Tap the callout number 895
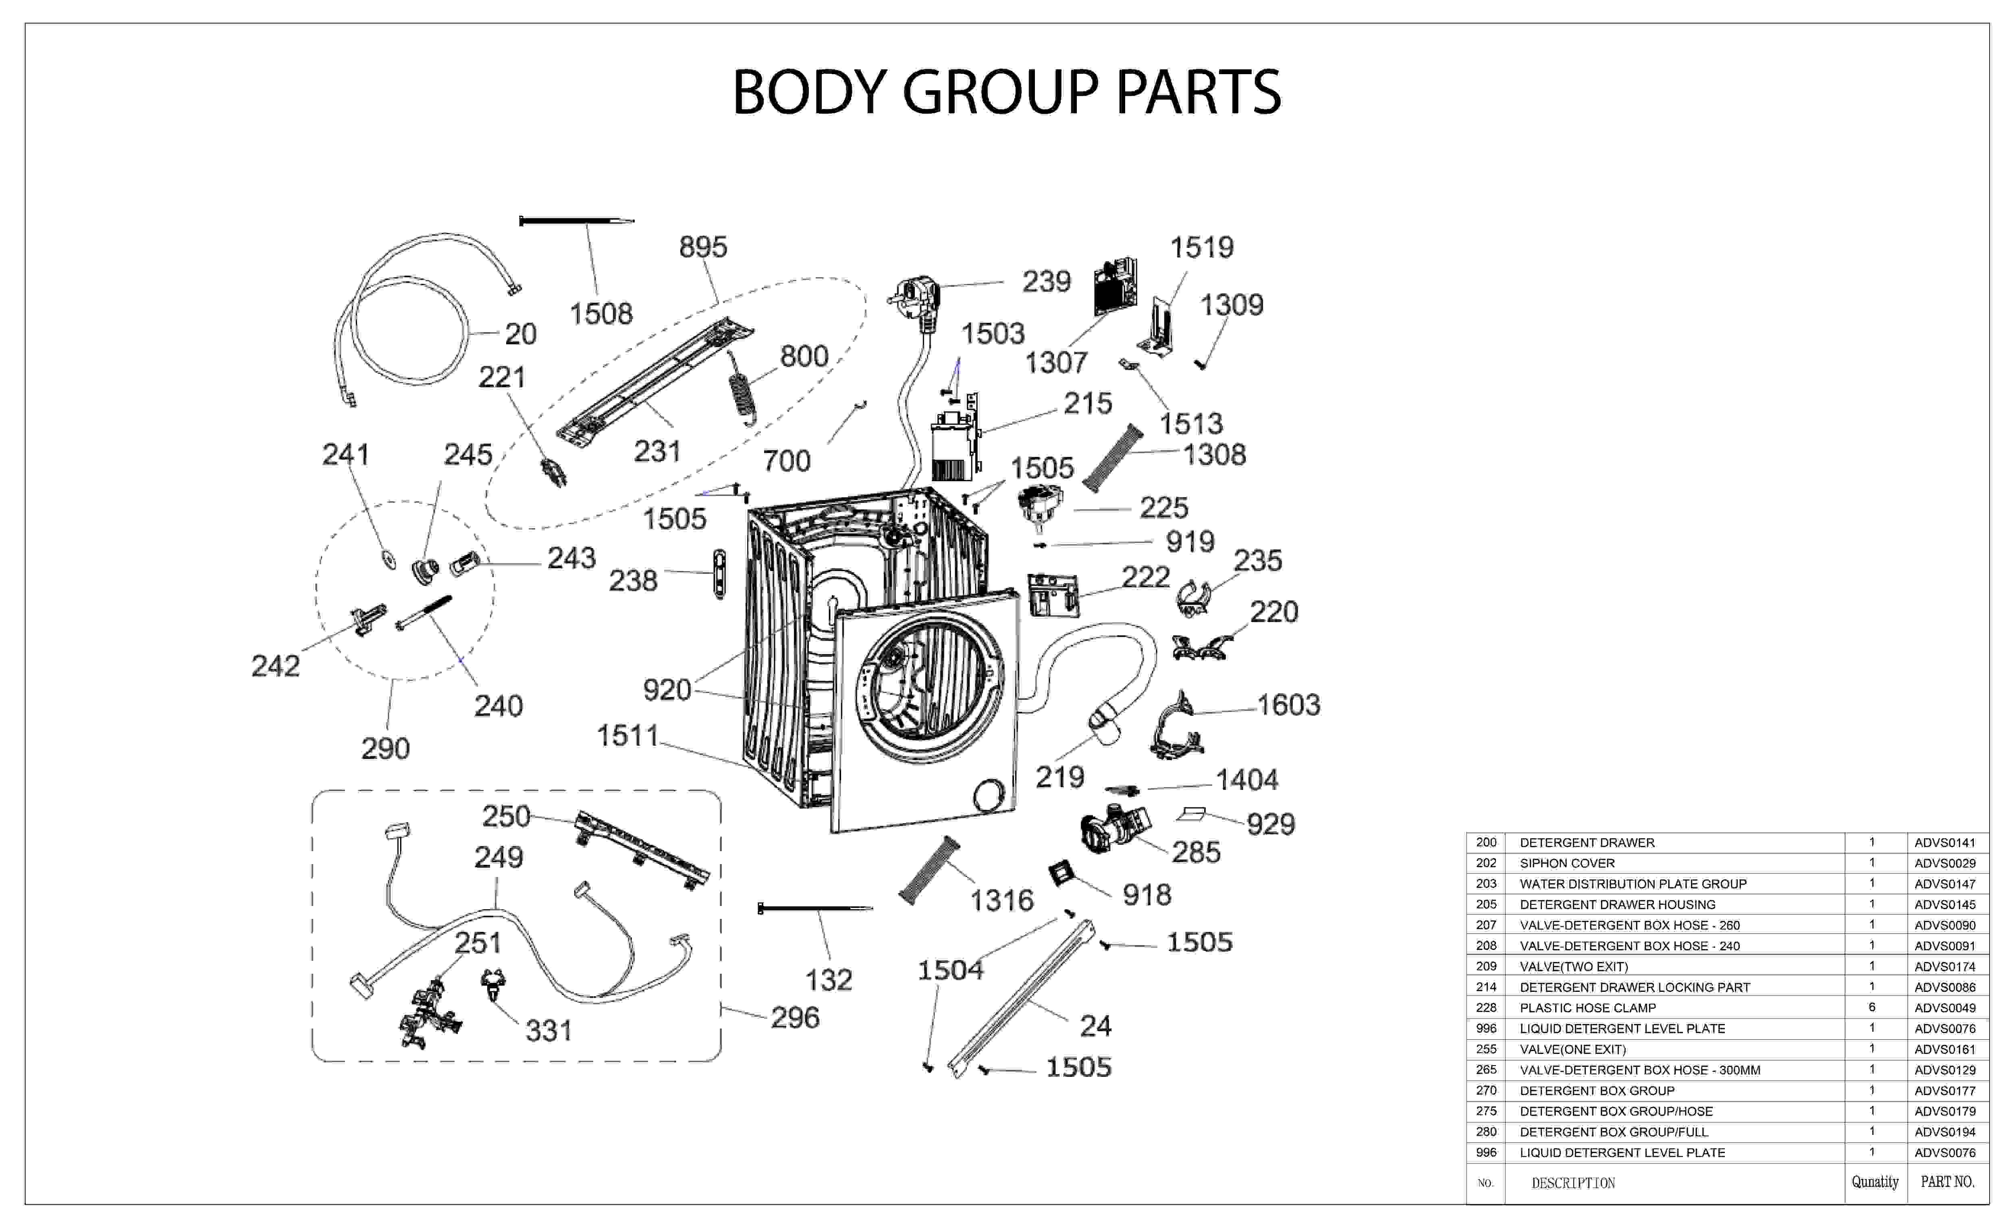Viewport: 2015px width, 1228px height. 703,247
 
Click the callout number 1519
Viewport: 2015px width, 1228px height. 1201,247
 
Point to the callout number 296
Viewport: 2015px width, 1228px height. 795,1018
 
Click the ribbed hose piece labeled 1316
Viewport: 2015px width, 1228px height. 929,871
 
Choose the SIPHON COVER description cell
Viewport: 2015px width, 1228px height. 1567,863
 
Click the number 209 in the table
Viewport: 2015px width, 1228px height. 1486,966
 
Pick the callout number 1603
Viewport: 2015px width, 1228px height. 1288,705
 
